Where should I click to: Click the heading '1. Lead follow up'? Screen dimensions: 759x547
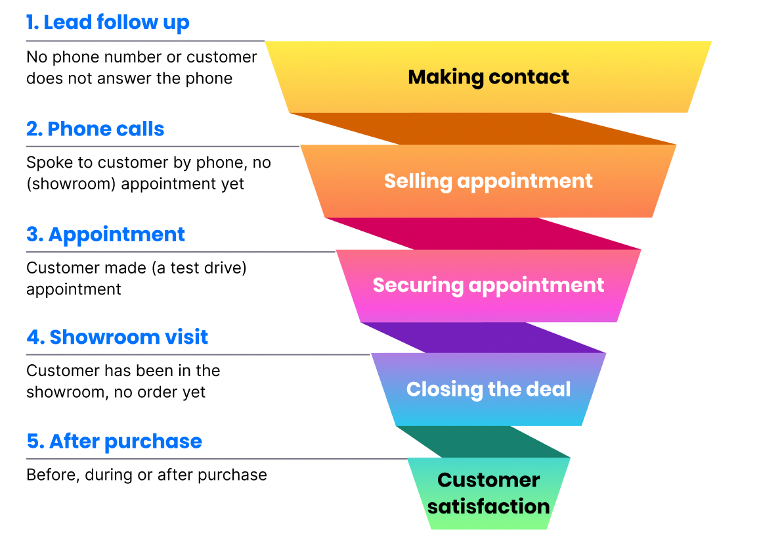108,23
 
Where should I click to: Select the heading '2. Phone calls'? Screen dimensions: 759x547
95,129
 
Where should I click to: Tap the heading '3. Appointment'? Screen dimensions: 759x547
106,235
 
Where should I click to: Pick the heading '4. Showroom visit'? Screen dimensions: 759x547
117,337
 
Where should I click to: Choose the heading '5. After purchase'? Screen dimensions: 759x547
114,441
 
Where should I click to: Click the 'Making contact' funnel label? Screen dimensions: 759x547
488,77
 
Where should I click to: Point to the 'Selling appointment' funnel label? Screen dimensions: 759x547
488,181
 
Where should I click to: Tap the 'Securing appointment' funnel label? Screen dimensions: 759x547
488,286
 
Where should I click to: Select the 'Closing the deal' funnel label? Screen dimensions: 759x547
488,389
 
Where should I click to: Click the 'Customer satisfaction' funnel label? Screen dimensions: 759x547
488,493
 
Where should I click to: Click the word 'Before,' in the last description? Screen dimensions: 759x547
53,475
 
